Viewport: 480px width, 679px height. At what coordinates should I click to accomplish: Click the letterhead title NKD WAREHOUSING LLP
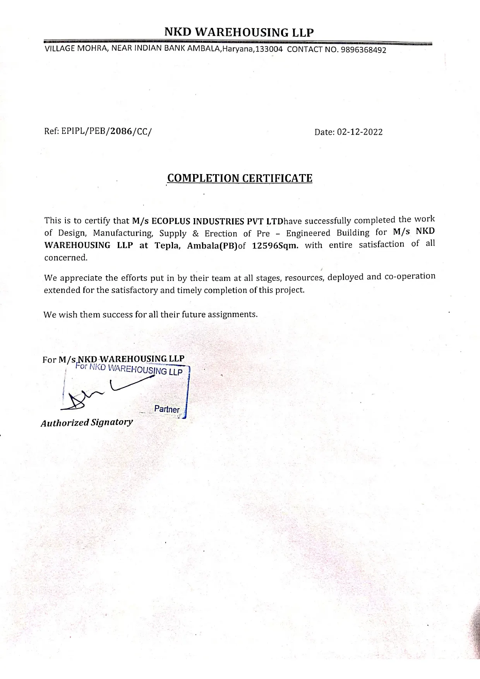239,32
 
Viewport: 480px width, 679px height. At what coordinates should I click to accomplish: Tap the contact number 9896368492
363,50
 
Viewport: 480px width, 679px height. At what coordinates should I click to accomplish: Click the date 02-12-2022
360,132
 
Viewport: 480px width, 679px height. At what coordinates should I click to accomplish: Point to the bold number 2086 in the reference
120,131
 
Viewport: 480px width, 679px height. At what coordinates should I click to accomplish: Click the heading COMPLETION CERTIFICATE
240,178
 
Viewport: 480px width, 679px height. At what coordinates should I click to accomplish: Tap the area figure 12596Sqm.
275,246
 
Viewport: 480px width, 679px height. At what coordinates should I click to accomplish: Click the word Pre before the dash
263,233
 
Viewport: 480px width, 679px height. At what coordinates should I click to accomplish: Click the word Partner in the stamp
167,409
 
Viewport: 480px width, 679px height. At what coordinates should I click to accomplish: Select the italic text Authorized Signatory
87,422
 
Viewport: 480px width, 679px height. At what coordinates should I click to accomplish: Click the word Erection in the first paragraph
221,233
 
